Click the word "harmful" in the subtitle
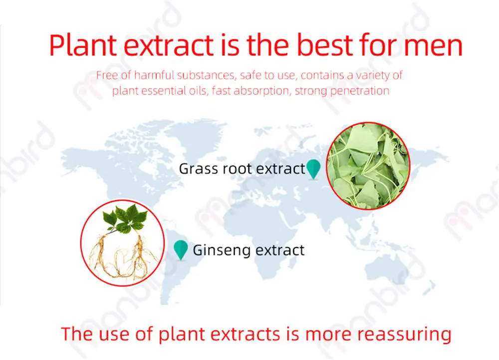coord(154,75)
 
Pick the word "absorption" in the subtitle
coord(261,91)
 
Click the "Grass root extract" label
coord(242,169)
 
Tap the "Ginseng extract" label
coord(249,250)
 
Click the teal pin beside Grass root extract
coord(313,169)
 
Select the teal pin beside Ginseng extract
coord(181,250)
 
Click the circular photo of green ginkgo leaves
coord(368,166)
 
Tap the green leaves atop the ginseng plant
coord(125,218)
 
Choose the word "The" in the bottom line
coord(77,334)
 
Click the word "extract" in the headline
coord(169,46)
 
